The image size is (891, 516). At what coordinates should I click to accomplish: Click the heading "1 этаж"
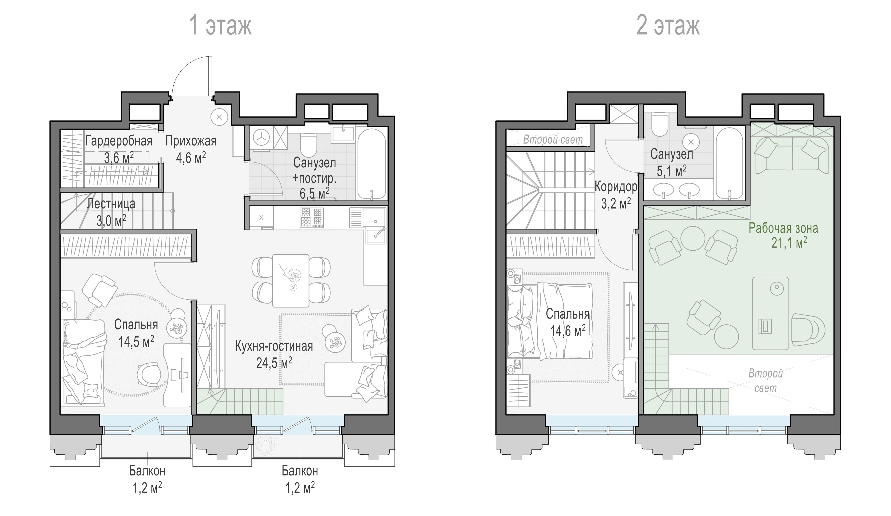(221, 25)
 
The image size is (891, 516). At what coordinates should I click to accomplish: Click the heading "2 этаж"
(668, 25)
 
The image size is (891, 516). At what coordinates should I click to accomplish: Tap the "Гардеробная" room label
(119, 141)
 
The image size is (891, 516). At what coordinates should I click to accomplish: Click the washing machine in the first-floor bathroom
(262, 138)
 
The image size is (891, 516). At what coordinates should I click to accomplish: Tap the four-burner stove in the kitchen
(311, 217)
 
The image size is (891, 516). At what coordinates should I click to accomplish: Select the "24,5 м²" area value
(274, 363)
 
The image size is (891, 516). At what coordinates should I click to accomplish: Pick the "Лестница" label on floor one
(111, 204)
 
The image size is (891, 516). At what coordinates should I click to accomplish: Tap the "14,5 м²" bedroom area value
(136, 342)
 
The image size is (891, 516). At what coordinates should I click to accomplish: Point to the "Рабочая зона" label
(783, 228)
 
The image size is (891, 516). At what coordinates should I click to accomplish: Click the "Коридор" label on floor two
(616, 187)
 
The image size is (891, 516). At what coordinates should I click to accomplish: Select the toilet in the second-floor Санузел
(659, 125)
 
